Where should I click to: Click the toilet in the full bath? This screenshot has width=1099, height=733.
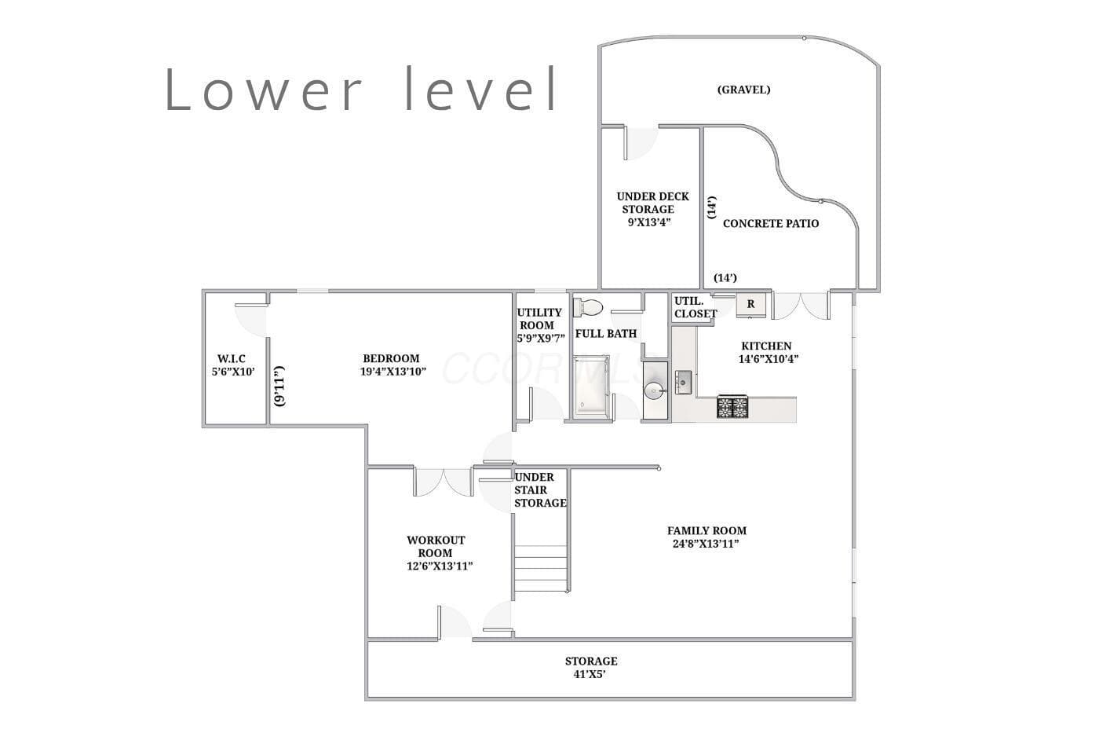[x=588, y=307]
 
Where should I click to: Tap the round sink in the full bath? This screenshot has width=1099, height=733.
[x=655, y=390]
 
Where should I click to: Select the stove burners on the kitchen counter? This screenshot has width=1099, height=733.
[x=732, y=407]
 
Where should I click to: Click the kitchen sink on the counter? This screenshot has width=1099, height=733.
[x=683, y=383]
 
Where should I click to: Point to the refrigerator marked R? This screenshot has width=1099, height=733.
[x=750, y=304]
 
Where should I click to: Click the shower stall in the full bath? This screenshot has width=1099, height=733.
[x=592, y=387]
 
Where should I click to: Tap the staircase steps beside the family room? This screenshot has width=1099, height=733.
[x=541, y=569]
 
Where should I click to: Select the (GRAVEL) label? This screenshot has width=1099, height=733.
[x=744, y=90]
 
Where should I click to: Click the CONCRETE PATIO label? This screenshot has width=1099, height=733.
[x=771, y=223]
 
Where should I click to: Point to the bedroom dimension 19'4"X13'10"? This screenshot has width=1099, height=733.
[x=393, y=371]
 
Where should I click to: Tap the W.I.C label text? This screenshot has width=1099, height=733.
[x=231, y=359]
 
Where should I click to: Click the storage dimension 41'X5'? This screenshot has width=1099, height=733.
[x=590, y=674]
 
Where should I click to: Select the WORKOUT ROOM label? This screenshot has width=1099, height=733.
[x=436, y=547]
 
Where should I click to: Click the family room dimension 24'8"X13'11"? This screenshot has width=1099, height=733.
[x=706, y=544]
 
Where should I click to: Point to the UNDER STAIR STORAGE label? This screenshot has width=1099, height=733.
[x=540, y=490]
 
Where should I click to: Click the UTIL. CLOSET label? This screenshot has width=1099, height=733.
[x=696, y=307]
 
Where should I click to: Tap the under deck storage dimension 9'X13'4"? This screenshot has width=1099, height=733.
[x=648, y=222]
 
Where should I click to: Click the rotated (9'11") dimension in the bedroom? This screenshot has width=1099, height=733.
[x=280, y=386]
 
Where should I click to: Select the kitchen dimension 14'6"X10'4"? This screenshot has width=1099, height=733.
[x=769, y=359]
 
